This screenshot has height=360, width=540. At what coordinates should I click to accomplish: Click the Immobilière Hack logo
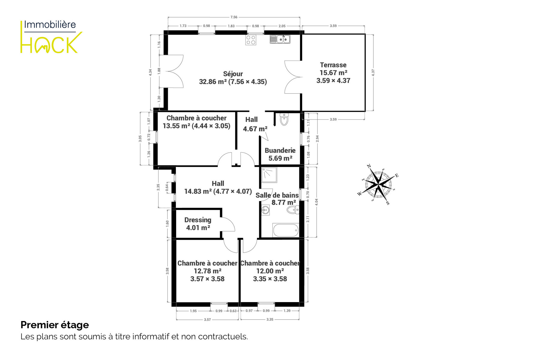(x=51, y=37)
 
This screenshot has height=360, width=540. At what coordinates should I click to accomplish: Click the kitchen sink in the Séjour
(x=280, y=39)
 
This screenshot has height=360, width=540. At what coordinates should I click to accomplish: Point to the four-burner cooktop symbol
(x=251, y=40)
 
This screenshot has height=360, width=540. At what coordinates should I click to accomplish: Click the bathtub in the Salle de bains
(x=285, y=230)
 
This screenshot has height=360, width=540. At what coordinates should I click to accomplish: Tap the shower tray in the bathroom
(x=269, y=175)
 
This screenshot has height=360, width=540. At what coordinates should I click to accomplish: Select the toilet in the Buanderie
(x=284, y=119)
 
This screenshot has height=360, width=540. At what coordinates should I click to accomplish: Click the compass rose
(x=379, y=184)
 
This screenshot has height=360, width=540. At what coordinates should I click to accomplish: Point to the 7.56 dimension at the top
(x=234, y=17)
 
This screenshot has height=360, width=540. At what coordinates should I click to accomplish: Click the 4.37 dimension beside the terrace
(x=373, y=73)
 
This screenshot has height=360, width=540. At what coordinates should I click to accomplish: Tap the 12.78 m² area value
(x=207, y=271)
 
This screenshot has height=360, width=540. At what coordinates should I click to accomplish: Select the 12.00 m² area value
(x=270, y=271)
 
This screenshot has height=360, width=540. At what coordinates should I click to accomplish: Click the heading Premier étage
(x=55, y=325)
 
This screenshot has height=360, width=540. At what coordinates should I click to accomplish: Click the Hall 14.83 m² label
(x=218, y=187)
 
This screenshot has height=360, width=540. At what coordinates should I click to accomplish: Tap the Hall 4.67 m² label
(x=255, y=124)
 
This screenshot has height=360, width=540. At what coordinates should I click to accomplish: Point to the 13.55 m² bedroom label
(x=197, y=122)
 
